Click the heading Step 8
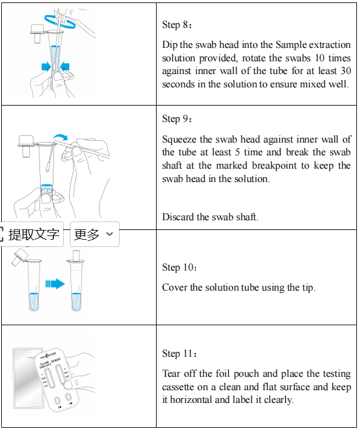tap(177, 25)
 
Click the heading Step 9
tap(177, 119)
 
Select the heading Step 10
tap(179, 268)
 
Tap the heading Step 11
tap(179, 354)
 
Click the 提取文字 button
tap(32, 234)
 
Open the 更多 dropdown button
tap(95, 234)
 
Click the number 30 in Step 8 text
tap(346, 71)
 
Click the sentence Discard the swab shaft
tap(210, 217)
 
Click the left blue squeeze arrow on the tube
tap(46, 67)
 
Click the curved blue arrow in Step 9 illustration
tap(60, 136)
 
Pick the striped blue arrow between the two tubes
tap(55, 284)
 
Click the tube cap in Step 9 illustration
tap(27, 146)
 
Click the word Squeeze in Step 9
tap(179, 140)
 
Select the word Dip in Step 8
tap(169, 45)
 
